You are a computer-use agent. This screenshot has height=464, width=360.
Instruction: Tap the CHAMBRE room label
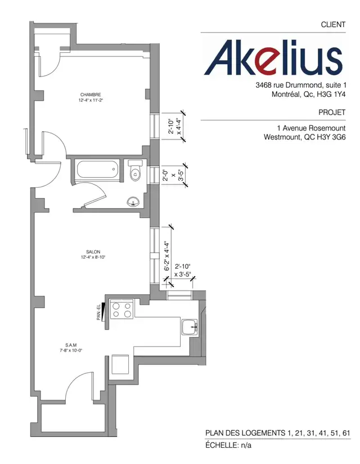coord(91,94)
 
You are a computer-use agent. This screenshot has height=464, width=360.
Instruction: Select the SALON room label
coord(93,252)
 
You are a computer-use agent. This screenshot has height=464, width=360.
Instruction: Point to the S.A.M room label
coord(71,345)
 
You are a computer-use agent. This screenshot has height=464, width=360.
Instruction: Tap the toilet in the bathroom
coord(135,172)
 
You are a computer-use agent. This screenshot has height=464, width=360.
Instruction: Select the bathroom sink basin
coord(134,201)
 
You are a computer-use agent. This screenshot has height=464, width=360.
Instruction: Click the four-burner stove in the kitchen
coord(123,310)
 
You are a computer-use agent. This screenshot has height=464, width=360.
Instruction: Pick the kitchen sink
coord(189,326)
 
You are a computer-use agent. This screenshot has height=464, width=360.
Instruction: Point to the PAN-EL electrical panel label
coord(99,313)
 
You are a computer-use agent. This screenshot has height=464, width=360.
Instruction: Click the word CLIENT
coord(332,25)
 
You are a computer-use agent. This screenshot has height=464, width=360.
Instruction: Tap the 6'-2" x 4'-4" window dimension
coord(166,256)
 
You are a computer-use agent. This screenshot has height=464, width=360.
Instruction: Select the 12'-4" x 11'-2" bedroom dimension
coord(91,100)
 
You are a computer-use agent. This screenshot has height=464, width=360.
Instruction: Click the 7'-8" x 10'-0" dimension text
coord(71,350)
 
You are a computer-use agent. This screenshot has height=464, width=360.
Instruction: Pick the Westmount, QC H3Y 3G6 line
coord(304,137)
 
